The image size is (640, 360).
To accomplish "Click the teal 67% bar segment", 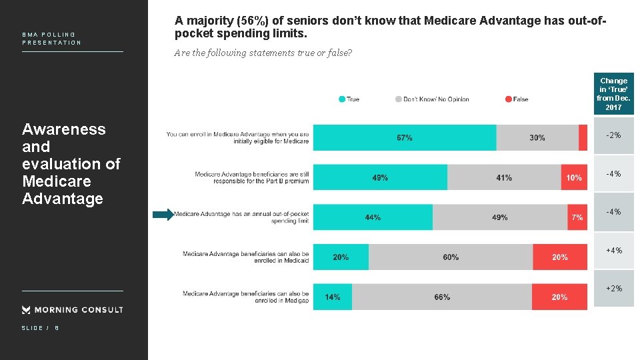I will click(x=405, y=137).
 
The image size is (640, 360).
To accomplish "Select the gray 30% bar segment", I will click(x=537, y=137).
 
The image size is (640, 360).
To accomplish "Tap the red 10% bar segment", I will click(x=574, y=177).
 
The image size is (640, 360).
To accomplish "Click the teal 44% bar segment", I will click(x=373, y=217).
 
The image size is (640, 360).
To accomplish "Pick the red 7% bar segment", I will click(x=577, y=217).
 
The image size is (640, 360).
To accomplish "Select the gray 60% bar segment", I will click(x=451, y=257).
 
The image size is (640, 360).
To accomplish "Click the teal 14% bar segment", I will click(x=333, y=297).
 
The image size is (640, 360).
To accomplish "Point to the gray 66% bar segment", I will click(x=442, y=297).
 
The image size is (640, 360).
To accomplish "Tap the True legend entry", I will click(x=349, y=99).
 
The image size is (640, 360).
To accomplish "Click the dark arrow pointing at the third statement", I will click(x=162, y=215).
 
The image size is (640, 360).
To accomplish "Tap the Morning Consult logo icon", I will click(x=26, y=309).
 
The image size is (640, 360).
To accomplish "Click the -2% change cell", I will click(x=613, y=136).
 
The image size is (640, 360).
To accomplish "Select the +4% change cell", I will click(x=613, y=251).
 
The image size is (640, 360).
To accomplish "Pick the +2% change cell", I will click(x=613, y=289).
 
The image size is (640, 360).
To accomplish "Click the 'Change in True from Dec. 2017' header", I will click(x=613, y=94).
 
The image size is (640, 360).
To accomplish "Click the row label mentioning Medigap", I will click(x=245, y=297).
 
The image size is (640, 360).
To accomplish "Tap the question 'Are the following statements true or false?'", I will click(x=263, y=53).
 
